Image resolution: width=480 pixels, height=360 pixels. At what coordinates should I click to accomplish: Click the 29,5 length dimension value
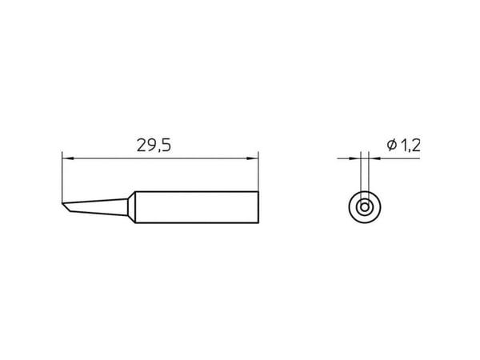(x=154, y=146)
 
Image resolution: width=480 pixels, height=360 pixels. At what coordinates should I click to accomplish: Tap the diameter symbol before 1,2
(x=391, y=145)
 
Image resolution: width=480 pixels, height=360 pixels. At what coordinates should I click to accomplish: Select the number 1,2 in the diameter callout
(x=410, y=146)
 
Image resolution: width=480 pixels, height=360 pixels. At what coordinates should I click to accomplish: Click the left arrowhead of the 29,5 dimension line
(x=68, y=158)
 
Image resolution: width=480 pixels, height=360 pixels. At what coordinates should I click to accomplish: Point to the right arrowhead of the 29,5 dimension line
(x=253, y=158)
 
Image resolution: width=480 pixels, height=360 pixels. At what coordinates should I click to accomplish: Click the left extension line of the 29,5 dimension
(x=62, y=177)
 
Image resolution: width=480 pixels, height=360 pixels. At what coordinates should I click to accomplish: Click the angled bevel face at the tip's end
(x=66, y=207)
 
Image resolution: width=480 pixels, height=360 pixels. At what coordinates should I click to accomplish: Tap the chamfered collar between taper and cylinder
(x=131, y=207)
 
